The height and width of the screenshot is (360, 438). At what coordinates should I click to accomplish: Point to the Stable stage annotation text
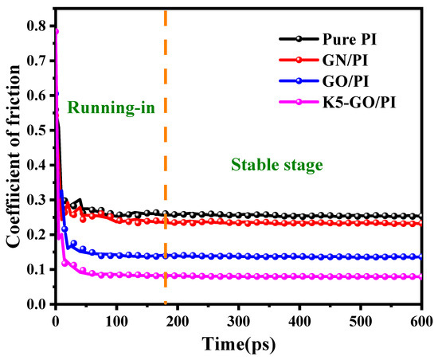coord(276,166)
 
